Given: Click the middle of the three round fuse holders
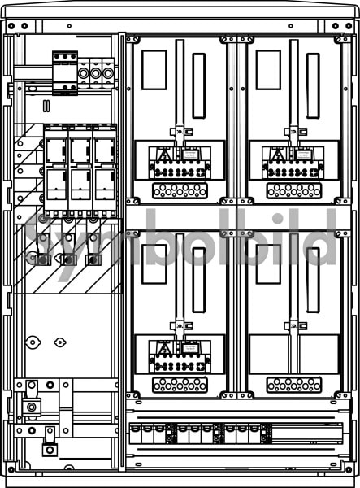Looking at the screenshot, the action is [96, 74].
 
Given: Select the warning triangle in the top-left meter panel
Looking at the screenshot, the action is [163, 155].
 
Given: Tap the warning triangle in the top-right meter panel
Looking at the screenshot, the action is [277, 155].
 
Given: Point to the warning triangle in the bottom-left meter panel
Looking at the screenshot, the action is [163, 349].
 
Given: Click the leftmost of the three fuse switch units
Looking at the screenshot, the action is [56, 170].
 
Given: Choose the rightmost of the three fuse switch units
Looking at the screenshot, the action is [105, 170].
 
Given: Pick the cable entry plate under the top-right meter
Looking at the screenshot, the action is [294, 191].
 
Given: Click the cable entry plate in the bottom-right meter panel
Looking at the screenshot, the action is [294, 385].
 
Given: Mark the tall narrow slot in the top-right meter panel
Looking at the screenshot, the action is [313, 86].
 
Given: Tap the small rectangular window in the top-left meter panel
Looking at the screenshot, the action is [154, 70].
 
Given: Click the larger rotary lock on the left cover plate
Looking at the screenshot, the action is [33, 342].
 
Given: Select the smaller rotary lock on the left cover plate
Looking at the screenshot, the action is [59, 342].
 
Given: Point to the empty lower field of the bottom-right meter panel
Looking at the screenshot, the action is [294, 354].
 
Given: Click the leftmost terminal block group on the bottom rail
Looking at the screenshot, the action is [151, 434].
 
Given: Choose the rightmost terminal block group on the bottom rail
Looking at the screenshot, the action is [248, 434].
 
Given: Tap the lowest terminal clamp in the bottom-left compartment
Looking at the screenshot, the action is [50, 442].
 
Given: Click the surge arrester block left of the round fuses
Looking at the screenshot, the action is [65, 73].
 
